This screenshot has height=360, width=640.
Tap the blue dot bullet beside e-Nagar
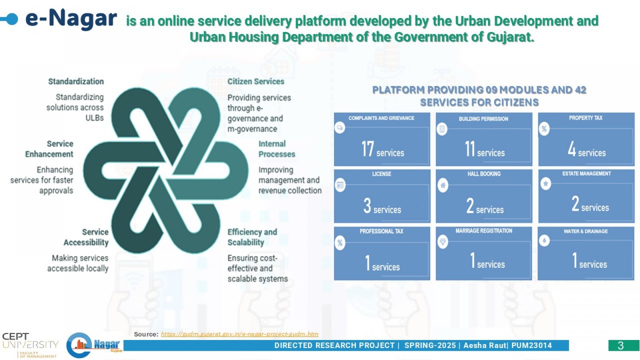pos(12,19)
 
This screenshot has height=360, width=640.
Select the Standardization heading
pos(76,82)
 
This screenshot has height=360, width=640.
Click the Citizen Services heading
pos(256,82)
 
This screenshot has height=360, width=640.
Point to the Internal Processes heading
pos(276,149)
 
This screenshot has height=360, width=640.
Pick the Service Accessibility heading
pos(86,237)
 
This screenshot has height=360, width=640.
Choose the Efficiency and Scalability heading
pos(252,237)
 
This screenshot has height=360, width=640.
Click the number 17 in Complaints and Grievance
pos(368,148)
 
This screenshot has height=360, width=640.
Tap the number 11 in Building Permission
pos(470,148)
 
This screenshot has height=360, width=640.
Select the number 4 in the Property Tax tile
pos(572,148)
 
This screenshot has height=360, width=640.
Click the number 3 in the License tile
pos(367,206)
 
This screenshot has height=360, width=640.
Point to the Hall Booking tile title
pos(484,174)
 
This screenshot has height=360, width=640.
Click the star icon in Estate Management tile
pos(546,184)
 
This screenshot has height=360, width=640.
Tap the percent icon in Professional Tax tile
pos(340,243)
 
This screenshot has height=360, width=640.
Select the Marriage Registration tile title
pos(484,231)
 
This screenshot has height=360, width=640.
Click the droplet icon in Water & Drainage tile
pos(544,240)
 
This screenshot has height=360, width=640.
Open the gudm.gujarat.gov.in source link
pos(240,334)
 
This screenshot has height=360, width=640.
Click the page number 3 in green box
pos(620,346)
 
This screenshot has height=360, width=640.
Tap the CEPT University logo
pos(30,345)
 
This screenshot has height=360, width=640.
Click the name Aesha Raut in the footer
pos(484,346)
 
